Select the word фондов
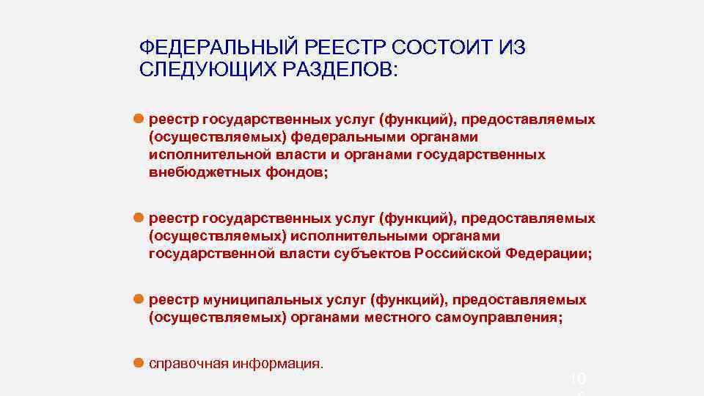click(298, 172)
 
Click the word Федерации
click(549, 254)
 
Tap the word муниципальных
click(270, 300)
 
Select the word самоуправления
click(507, 318)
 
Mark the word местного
click(404, 318)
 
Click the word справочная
click(188, 364)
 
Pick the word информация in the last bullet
click(278, 364)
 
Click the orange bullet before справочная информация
click(137, 362)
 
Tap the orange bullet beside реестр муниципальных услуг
click(137, 299)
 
